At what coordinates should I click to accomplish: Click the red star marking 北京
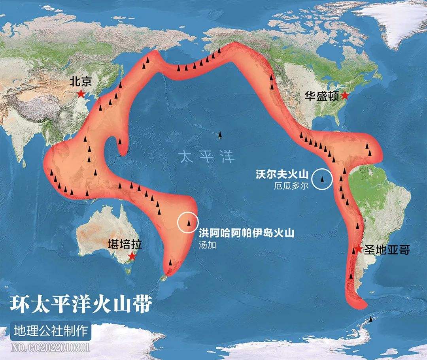point(81,94)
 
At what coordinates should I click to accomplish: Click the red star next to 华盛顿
point(345,95)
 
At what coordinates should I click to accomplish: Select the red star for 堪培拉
point(131,256)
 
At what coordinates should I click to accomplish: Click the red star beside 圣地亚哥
point(358,249)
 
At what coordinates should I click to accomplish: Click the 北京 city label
point(81,82)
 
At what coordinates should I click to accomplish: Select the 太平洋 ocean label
point(206,156)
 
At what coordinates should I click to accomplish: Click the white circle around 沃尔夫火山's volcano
point(322,179)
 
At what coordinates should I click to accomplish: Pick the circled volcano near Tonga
point(189,223)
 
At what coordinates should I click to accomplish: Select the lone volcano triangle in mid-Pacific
point(220,136)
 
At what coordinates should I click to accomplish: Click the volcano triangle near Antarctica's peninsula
point(371,319)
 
